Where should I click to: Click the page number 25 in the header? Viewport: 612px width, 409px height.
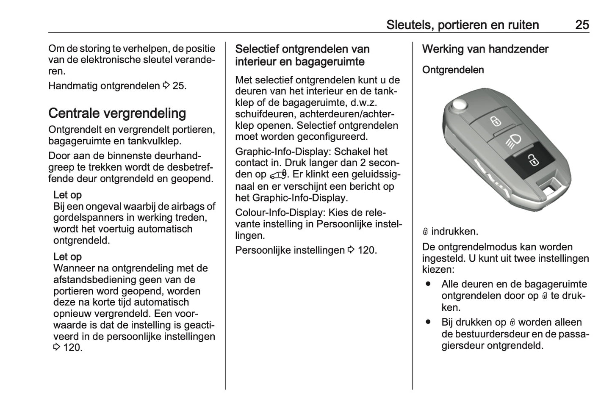coord(582,25)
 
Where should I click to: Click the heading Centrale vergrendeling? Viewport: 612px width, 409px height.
coord(117,113)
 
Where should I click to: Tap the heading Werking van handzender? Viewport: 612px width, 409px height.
coord(485,49)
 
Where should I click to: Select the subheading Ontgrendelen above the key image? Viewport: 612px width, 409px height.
coord(453,70)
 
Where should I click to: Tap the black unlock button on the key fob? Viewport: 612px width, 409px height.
coord(530,160)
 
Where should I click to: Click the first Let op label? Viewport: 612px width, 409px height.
coord(67,195)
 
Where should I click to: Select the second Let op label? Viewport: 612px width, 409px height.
coord(67,257)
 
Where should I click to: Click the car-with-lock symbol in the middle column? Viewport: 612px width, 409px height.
coord(278,174)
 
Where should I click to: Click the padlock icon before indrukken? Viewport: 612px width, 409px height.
coord(426,232)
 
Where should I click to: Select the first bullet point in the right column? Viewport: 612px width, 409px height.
coord(428,284)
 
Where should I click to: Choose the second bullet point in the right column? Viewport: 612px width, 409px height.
coord(428,322)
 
